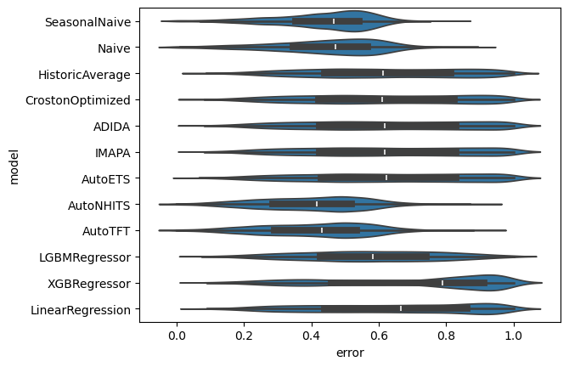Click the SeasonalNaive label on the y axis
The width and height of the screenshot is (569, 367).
click(87, 22)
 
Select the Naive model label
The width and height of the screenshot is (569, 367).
click(114, 48)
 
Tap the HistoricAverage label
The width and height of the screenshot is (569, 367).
click(85, 75)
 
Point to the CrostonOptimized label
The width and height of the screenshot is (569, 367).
click(78, 100)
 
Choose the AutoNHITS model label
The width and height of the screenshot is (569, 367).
click(99, 206)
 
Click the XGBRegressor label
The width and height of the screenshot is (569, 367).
click(89, 284)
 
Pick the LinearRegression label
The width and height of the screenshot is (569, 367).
click(81, 310)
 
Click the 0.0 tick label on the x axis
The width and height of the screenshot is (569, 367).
click(177, 336)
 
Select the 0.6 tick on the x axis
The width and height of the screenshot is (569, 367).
click(379, 336)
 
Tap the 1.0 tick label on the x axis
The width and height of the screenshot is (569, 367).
click(514, 336)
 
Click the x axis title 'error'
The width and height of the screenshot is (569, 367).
click(350, 353)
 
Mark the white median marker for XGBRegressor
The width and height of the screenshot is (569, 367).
click(442, 283)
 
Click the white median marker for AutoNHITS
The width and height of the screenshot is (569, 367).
click(317, 204)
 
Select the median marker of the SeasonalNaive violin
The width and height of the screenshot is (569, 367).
click(334, 21)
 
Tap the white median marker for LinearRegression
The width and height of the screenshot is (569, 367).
click(401, 308)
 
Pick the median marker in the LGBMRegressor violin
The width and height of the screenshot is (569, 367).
click(373, 257)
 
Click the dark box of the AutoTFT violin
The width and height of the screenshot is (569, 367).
click(315, 230)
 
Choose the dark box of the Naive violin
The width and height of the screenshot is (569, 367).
click(330, 47)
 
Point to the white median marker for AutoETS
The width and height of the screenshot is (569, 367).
click(386, 178)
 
